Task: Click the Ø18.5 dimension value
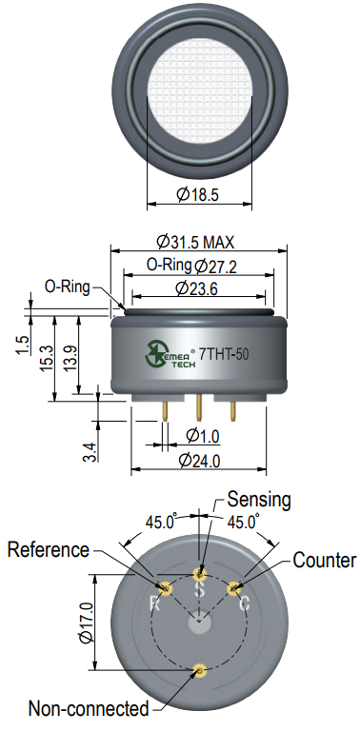pyautogui.click(x=197, y=194)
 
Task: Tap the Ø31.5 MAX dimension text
pyautogui.click(x=195, y=242)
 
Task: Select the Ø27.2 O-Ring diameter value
pyautogui.click(x=216, y=267)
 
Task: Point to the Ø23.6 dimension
pyautogui.click(x=196, y=289)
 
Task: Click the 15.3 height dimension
pyautogui.click(x=47, y=359)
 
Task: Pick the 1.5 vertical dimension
pyautogui.click(x=24, y=346)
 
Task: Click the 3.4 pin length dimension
pyautogui.click(x=91, y=452)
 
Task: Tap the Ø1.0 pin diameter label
pyautogui.click(x=203, y=436)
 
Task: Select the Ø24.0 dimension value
pyautogui.click(x=200, y=461)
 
